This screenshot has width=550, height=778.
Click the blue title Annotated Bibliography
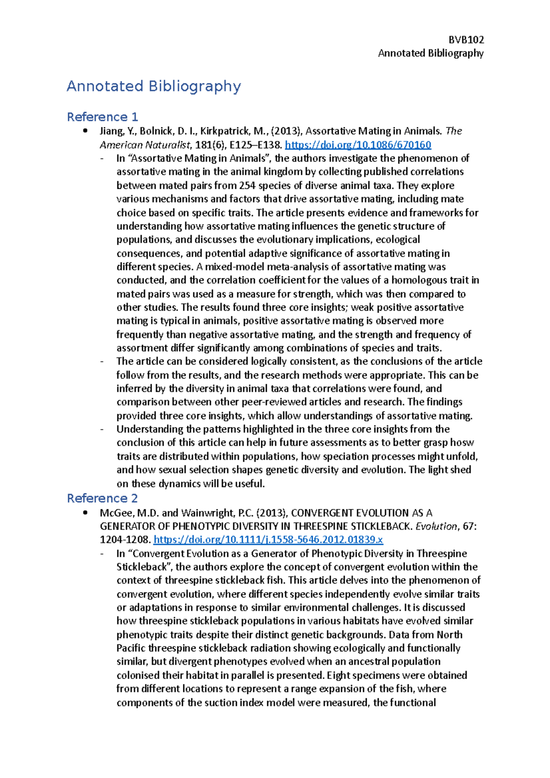pyautogui.click(x=154, y=86)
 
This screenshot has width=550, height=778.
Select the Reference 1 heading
pyautogui.click(x=102, y=117)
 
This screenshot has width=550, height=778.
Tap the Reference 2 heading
pyautogui.click(x=102, y=498)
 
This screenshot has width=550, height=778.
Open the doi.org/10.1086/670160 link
pyautogui.click(x=358, y=145)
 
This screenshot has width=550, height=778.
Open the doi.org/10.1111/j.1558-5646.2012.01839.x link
pyautogui.click(x=268, y=540)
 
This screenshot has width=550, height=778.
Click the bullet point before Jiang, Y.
pyautogui.click(x=85, y=131)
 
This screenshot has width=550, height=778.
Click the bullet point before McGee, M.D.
pyautogui.click(x=85, y=513)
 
